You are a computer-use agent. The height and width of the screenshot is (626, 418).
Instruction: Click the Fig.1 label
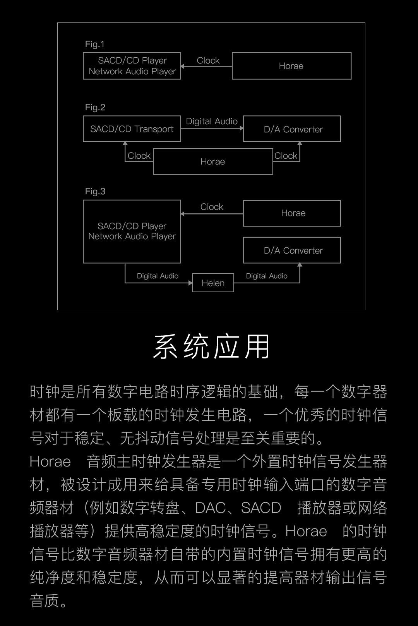coord(95,45)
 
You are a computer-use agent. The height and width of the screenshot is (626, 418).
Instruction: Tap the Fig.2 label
coord(95,108)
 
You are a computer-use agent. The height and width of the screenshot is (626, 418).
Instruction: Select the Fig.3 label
coord(95,191)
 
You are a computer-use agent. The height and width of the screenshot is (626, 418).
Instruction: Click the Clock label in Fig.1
coord(208,60)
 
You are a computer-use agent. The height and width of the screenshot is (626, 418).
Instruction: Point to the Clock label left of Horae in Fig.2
coord(139,156)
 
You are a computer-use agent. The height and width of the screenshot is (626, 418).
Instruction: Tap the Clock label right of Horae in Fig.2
coord(286,156)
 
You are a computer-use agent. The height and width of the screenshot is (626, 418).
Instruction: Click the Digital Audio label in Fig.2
coord(211,121)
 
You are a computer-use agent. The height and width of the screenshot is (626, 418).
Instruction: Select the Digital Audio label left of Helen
coord(158,276)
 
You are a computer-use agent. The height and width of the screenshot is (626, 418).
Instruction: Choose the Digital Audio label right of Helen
coord(267,276)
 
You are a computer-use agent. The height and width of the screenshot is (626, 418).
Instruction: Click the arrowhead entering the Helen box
coord(190,283)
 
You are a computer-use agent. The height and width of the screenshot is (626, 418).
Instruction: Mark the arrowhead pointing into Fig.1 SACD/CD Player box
coord(182,66)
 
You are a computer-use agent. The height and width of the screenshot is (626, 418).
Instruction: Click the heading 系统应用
coord(211,346)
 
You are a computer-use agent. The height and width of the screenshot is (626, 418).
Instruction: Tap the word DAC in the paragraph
coord(211,508)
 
